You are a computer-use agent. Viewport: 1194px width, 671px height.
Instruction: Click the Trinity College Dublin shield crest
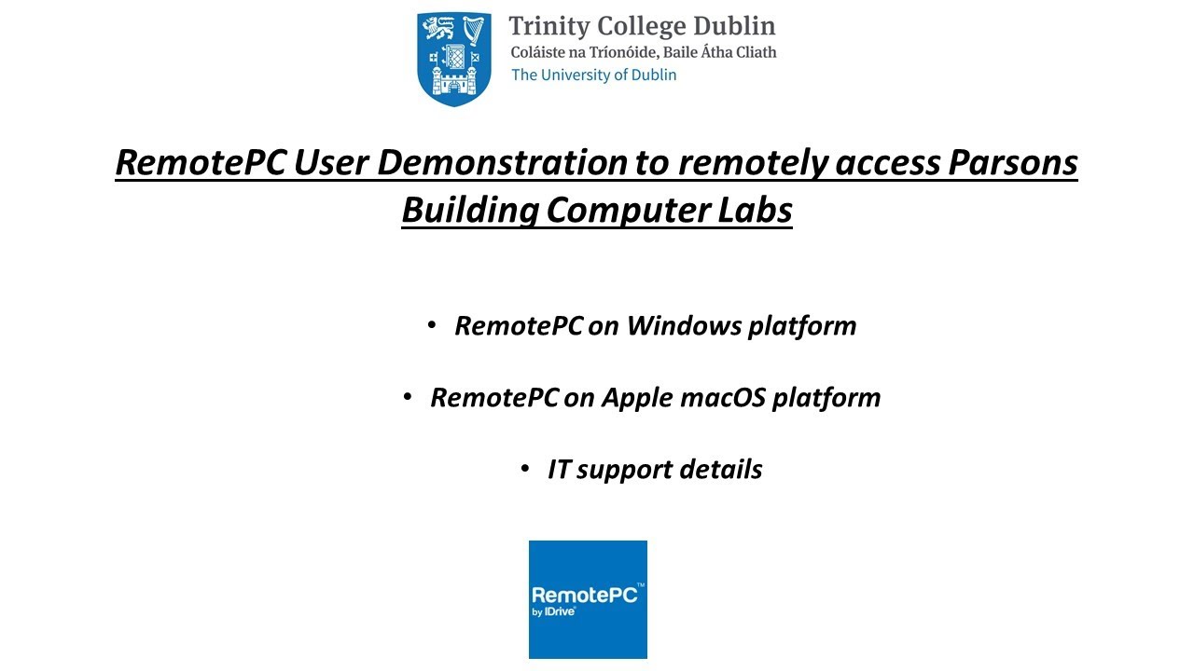[453, 58]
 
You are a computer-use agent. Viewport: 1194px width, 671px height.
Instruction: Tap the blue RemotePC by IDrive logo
[588, 599]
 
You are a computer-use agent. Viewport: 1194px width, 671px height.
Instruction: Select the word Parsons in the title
[1013, 163]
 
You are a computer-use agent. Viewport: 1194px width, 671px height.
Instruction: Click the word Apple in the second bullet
[636, 398]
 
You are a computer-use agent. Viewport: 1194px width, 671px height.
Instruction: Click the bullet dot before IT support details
[525, 469]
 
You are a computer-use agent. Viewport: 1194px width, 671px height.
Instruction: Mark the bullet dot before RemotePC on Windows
[432, 325]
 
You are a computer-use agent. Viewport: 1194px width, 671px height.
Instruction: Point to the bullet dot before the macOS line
[408, 397]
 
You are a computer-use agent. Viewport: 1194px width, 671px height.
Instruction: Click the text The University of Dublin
[593, 75]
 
